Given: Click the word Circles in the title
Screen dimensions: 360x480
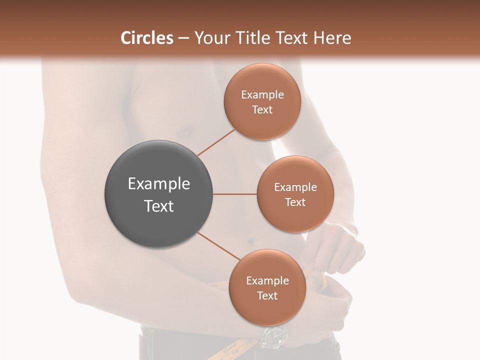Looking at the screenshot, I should [146, 38].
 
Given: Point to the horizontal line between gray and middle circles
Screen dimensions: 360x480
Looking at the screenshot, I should [235, 194].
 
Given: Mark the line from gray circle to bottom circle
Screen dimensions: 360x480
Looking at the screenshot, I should [218, 246].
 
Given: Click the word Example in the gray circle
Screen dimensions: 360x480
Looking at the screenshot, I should [159, 184].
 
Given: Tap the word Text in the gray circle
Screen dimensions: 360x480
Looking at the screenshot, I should [159, 206].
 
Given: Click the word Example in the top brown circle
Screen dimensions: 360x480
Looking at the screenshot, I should [262, 94].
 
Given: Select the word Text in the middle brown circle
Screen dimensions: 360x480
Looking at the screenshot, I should [295, 202].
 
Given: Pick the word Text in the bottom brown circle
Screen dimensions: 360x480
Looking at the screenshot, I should [267, 295].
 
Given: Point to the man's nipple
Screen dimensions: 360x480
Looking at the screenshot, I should [186, 132].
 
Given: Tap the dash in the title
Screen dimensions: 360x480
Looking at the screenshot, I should [183, 38].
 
